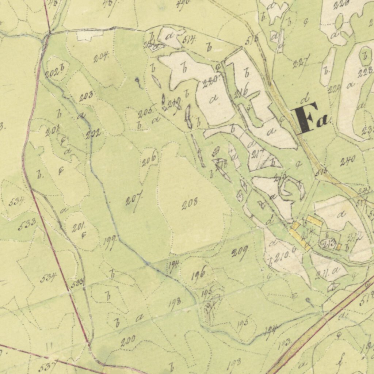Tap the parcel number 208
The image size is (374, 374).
[190, 203]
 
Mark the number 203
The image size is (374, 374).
[86, 97]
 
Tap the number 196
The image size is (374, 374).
[198, 273]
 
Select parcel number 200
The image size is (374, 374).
[128, 341]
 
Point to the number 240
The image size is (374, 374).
[348, 161]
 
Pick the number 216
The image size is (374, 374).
[242, 90]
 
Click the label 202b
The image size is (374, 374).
[55, 72]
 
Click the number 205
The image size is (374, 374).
[145, 113]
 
